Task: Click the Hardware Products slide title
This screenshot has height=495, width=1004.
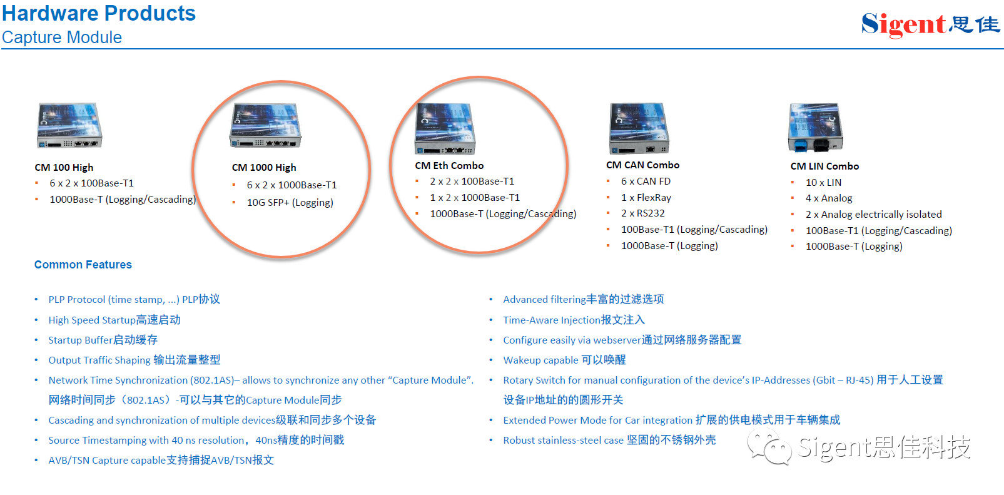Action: (x=99, y=13)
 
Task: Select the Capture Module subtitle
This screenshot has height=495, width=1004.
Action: (x=62, y=37)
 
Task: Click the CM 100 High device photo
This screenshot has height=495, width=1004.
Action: (x=69, y=126)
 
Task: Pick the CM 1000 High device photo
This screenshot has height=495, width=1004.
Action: (x=265, y=126)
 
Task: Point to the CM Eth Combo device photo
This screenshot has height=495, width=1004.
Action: (x=445, y=129)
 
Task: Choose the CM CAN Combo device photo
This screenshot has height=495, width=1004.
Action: (x=639, y=128)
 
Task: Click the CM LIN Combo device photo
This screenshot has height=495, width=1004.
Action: (x=816, y=128)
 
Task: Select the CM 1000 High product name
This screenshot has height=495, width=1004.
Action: (x=264, y=168)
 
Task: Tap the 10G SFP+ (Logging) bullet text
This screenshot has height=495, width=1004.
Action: (x=290, y=203)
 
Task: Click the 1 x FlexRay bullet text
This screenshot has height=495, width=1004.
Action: (x=646, y=197)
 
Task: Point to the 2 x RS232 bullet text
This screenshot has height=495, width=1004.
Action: (x=642, y=213)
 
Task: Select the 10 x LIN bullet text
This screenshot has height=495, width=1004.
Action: (x=823, y=183)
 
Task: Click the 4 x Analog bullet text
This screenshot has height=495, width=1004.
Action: (x=829, y=198)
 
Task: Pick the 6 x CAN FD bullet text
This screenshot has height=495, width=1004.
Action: (x=646, y=181)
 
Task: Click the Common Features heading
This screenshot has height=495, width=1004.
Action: (x=83, y=265)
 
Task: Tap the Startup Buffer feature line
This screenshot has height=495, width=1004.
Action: (x=103, y=340)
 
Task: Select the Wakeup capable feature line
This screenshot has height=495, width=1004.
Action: (x=564, y=360)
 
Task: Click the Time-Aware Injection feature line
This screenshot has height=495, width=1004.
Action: (x=574, y=320)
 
